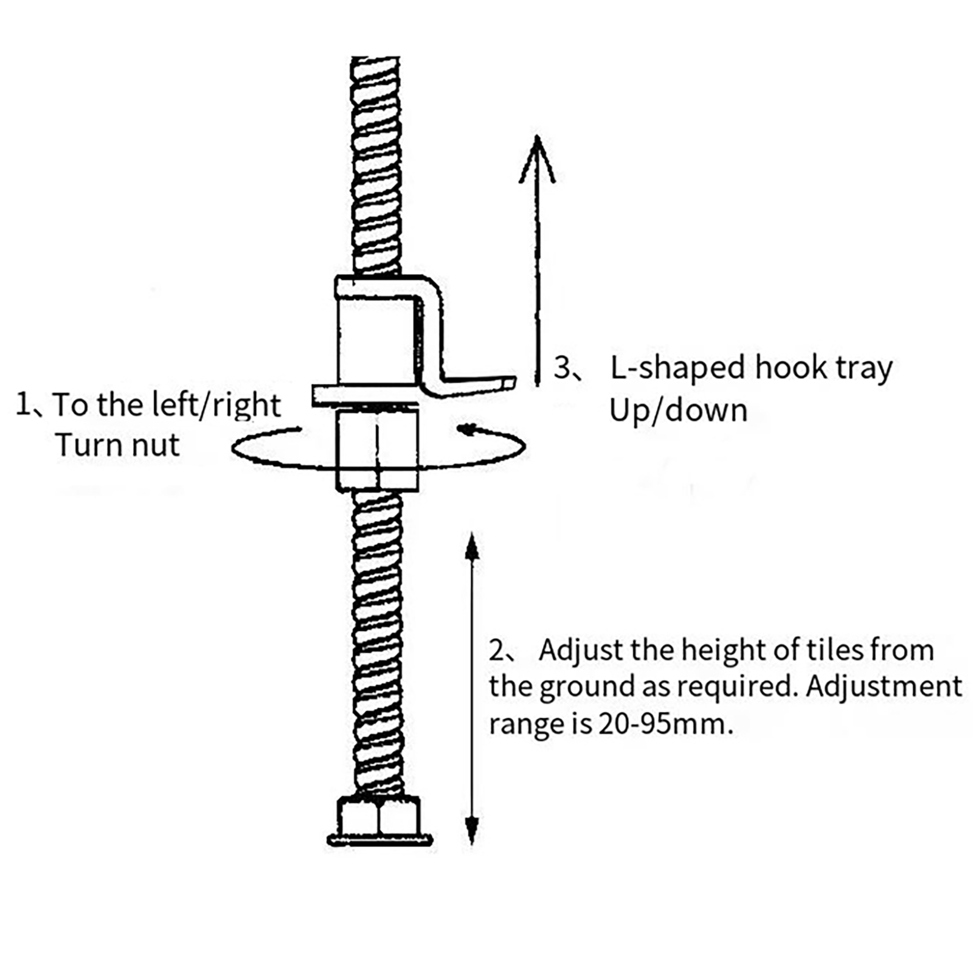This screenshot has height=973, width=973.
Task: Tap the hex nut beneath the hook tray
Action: coord(377,450)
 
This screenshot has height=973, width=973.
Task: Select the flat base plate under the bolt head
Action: coord(379,841)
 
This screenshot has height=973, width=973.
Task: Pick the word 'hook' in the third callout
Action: coord(790,368)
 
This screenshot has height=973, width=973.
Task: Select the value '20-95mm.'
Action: coord(665,724)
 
